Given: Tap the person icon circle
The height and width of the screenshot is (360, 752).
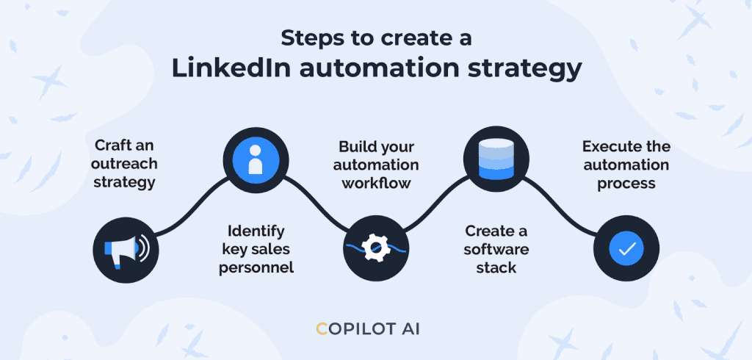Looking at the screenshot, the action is pyautogui.click(x=256, y=161).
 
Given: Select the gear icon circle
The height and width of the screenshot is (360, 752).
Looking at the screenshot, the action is pyautogui.click(x=377, y=248).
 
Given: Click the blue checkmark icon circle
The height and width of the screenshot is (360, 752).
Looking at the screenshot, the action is pyautogui.click(x=626, y=248).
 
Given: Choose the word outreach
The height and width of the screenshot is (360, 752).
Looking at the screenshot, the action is pyautogui.click(x=124, y=164).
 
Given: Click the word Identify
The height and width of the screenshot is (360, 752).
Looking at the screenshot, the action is pyautogui.click(x=256, y=231).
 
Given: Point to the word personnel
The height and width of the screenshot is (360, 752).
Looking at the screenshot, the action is pyautogui.click(x=256, y=268).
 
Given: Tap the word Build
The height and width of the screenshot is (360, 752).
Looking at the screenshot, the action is pyautogui.click(x=356, y=147).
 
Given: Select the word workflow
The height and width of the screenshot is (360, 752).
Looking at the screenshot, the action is pyautogui.click(x=376, y=184).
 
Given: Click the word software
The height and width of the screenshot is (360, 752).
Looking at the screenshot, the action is pyautogui.click(x=496, y=250).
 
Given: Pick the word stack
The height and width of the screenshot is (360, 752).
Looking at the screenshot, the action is pyautogui.click(x=496, y=268).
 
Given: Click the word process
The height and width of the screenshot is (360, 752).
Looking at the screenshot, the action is pyautogui.click(x=626, y=184).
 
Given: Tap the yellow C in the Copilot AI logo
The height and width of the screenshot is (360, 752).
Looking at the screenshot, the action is pyautogui.click(x=322, y=329).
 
